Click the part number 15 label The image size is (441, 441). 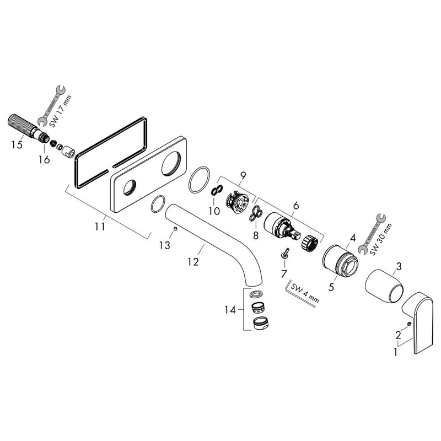tap(17, 145)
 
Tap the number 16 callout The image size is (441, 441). tap(44, 159)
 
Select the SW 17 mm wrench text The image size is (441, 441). tap(61, 111)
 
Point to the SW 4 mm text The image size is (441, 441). tap(305, 293)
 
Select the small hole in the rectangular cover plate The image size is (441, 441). tap(130, 187)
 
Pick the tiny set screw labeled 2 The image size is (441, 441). tap(409, 324)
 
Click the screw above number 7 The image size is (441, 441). tap(285, 252)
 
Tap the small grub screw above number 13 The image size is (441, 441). tap(175, 229)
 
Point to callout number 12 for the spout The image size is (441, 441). tap(193, 261)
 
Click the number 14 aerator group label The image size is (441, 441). tap(230, 310)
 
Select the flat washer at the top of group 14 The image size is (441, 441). tap(256, 294)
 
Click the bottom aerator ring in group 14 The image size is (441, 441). tap(261, 323)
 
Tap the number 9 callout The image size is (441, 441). tap(243, 175)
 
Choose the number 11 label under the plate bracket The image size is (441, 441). tap(100, 226)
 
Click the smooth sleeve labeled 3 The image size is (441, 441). tap(384, 286)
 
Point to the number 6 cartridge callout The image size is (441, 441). tap(296, 206)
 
